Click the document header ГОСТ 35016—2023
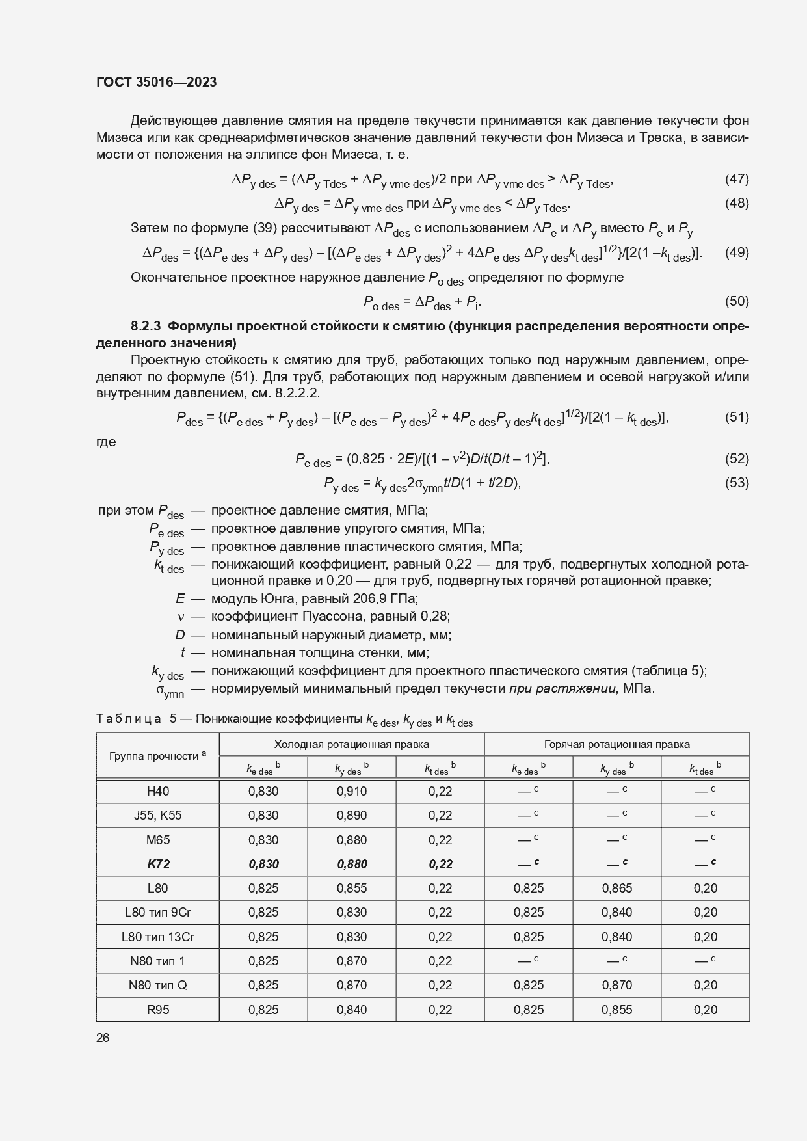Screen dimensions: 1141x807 156,82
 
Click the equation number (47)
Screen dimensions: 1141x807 737,179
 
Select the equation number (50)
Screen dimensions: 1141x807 737,301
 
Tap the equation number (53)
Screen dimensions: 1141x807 737,483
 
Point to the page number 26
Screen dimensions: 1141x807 103,1038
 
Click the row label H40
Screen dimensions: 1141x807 157,792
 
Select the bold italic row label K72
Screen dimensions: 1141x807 157,865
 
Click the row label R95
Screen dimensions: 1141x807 157,1010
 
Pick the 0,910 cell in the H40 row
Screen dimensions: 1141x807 352,792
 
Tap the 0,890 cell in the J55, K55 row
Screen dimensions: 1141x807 352,816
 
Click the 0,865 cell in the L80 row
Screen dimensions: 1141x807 616,889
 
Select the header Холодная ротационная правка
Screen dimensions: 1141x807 351,744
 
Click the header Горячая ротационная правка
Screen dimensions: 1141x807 616,744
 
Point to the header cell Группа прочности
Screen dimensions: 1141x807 157,756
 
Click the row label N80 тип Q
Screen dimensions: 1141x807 157,986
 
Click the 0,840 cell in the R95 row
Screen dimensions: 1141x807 352,1010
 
